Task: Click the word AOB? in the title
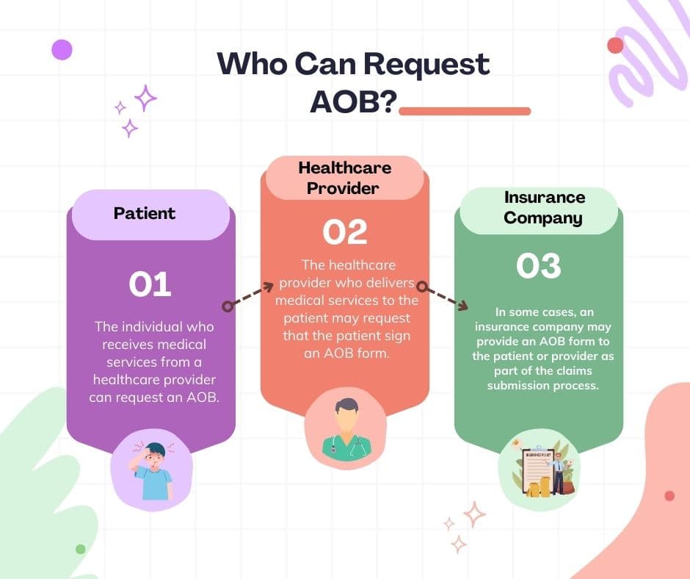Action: click(x=352, y=102)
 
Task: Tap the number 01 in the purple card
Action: click(x=150, y=284)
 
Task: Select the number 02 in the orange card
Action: click(x=344, y=232)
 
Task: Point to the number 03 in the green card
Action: click(x=538, y=266)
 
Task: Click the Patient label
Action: click(x=145, y=214)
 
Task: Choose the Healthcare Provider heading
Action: click(x=344, y=178)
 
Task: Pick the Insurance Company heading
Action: click(x=544, y=207)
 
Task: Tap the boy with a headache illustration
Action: click(x=151, y=470)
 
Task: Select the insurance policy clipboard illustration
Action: click(x=537, y=470)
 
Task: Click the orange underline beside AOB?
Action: click(x=464, y=111)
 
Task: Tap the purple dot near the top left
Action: click(x=62, y=49)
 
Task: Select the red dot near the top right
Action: click(x=615, y=46)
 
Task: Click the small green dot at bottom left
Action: click(x=81, y=549)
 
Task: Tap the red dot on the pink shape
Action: click(x=669, y=496)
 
